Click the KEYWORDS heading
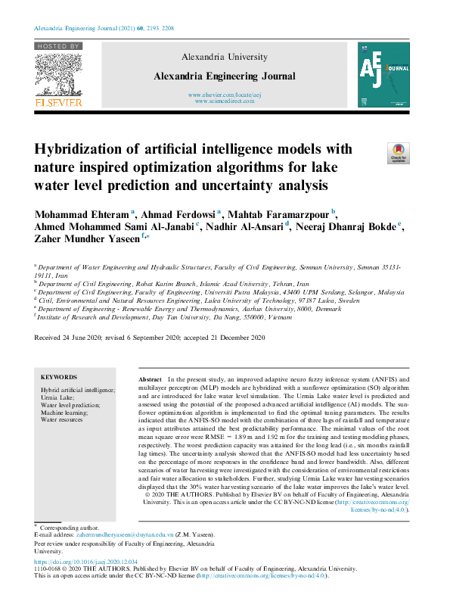tap(59, 377)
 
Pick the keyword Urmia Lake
tap(57, 397)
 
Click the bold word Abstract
tap(151, 378)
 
